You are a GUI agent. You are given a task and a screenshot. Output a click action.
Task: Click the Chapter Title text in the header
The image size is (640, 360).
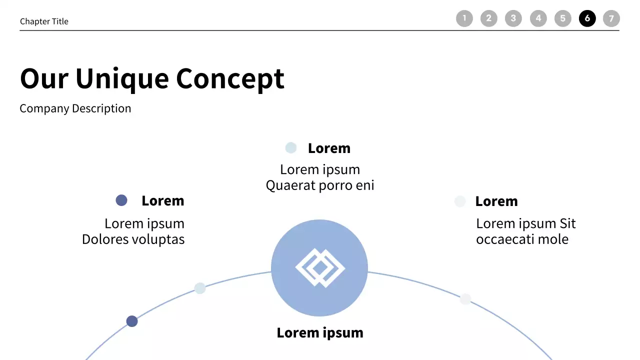coord(44,21)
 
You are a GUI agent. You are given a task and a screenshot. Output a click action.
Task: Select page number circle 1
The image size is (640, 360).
coord(464,18)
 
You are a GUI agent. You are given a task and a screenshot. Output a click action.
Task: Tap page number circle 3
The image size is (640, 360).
coord(513,18)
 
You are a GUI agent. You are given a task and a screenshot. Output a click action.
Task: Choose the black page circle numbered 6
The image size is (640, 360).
coord(587,18)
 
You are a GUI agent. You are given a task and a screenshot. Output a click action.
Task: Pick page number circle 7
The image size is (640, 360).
coord(611,18)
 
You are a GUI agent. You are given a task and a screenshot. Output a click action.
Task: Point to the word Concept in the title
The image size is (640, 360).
coord(230,78)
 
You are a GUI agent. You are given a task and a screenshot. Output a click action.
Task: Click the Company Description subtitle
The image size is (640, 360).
coord(75,108)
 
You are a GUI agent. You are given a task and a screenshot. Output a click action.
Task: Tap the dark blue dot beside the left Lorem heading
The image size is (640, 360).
coord(121,200)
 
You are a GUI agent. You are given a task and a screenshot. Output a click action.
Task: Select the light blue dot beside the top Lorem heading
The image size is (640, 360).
coord(291,147)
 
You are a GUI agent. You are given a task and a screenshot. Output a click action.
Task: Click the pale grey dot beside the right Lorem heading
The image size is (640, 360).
coord(460,201)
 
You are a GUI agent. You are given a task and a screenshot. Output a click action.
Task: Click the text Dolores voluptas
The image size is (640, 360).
coord(133,239)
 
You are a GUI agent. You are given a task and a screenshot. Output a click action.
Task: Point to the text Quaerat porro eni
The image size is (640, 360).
coord(320,185)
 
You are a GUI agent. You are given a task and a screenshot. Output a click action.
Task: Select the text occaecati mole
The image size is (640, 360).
coord(522,239)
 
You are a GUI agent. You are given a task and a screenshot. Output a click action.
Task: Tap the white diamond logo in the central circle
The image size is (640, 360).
coord(320,268)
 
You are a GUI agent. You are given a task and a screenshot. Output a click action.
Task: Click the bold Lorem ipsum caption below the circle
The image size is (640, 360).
coord(320,333)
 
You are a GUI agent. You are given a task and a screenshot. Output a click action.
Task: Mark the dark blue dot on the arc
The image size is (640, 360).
coord(132,321)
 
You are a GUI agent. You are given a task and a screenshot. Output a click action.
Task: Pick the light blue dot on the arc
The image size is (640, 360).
coord(200,288)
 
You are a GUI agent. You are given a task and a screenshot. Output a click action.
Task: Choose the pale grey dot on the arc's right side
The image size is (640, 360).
coord(465,299)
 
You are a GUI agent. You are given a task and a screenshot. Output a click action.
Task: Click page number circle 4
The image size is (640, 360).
coord(538,18)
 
